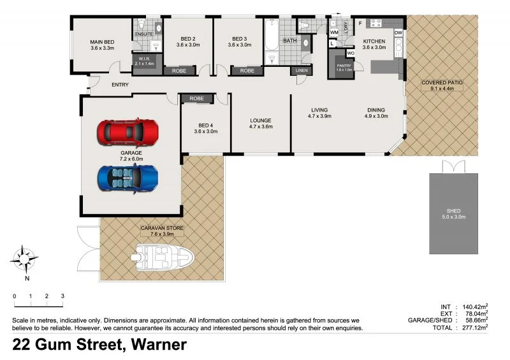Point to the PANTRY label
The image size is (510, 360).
click(344, 66)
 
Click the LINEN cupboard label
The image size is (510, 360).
click(301, 71)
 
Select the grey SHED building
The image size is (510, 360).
click(453, 213)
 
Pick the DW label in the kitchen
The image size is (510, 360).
click(398, 32)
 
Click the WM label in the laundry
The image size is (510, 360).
click(333, 32)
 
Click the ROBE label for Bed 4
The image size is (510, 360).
click(196, 99)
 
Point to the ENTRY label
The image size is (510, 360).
click(120, 85)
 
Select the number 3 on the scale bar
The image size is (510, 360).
click(62, 296)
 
